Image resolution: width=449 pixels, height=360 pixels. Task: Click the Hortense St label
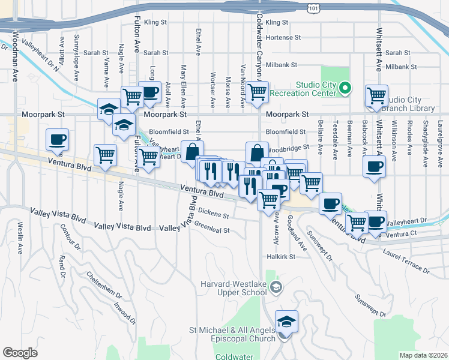point(283,37)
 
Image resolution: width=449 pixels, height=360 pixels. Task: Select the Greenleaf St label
point(212,229)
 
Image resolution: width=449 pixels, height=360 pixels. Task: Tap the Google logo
point(20,353)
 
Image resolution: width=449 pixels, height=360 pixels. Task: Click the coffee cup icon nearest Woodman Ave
point(58,140)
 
